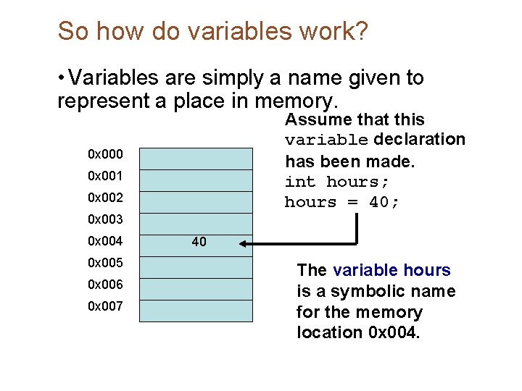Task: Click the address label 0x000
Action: tap(105, 154)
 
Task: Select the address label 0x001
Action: tap(105, 176)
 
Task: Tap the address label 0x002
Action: tap(105, 198)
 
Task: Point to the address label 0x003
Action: tap(105, 219)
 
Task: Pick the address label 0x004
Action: tap(105, 241)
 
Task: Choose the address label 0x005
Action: tap(105, 263)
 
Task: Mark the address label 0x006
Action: tap(105, 285)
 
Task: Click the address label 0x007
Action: tap(105, 306)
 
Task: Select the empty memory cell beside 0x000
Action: tap(196, 157)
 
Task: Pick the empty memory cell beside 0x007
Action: tap(196, 310)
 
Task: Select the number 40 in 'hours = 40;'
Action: tap(380, 202)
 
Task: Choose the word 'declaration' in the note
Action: tap(420, 139)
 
